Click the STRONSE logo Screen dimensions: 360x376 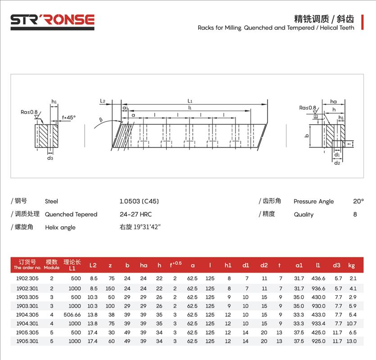(52, 20)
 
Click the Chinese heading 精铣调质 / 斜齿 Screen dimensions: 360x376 (324, 19)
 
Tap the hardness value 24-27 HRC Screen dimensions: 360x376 (134, 214)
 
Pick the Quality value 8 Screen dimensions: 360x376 (355, 214)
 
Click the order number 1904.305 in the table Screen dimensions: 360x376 (27, 314)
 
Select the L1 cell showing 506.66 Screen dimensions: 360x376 (72, 314)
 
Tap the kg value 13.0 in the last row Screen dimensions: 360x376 (352, 341)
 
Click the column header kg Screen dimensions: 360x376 (352, 265)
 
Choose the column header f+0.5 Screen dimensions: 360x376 (175, 265)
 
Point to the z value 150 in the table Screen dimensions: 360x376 (110, 288)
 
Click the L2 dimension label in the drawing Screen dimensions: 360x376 (103, 102)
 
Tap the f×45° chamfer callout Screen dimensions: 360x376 (69, 117)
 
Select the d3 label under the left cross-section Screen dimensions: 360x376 (50, 158)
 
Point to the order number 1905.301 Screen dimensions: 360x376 (27, 341)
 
